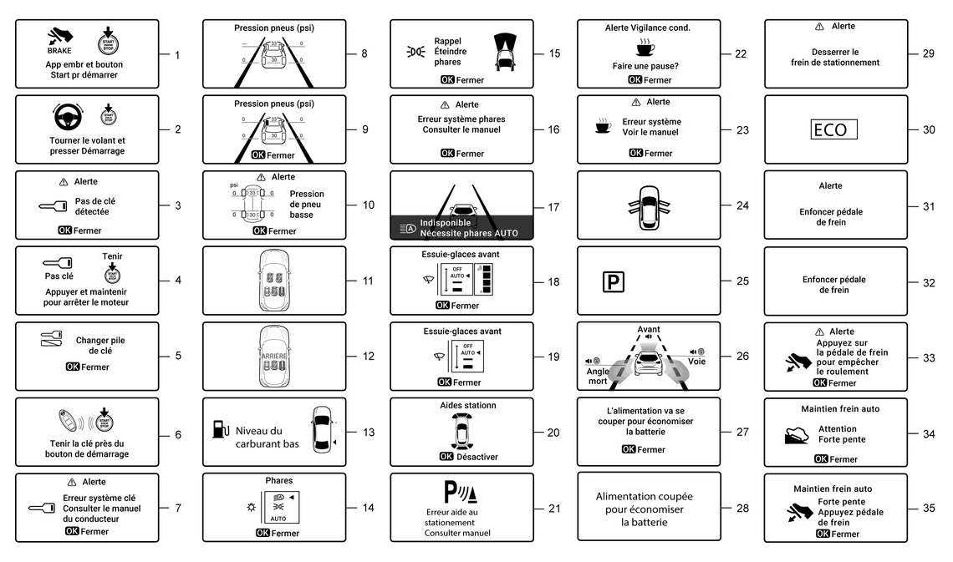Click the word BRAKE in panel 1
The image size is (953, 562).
[x=59, y=50]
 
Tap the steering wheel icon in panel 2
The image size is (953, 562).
[x=69, y=118]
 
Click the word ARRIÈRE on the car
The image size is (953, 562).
[x=274, y=357]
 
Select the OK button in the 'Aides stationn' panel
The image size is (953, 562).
[x=446, y=457]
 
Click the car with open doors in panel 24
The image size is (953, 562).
[x=649, y=206]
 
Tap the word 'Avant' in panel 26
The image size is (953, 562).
[x=649, y=330]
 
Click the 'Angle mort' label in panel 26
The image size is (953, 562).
[x=598, y=377]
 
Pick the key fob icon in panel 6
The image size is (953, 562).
[x=68, y=420]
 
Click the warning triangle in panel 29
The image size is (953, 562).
[x=820, y=27]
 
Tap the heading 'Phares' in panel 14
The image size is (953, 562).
[x=279, y=481]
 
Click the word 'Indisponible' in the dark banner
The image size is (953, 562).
[x=446, y=223]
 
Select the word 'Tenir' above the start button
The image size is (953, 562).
[x=112, y=256]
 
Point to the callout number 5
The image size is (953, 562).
[x=178, y=356]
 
